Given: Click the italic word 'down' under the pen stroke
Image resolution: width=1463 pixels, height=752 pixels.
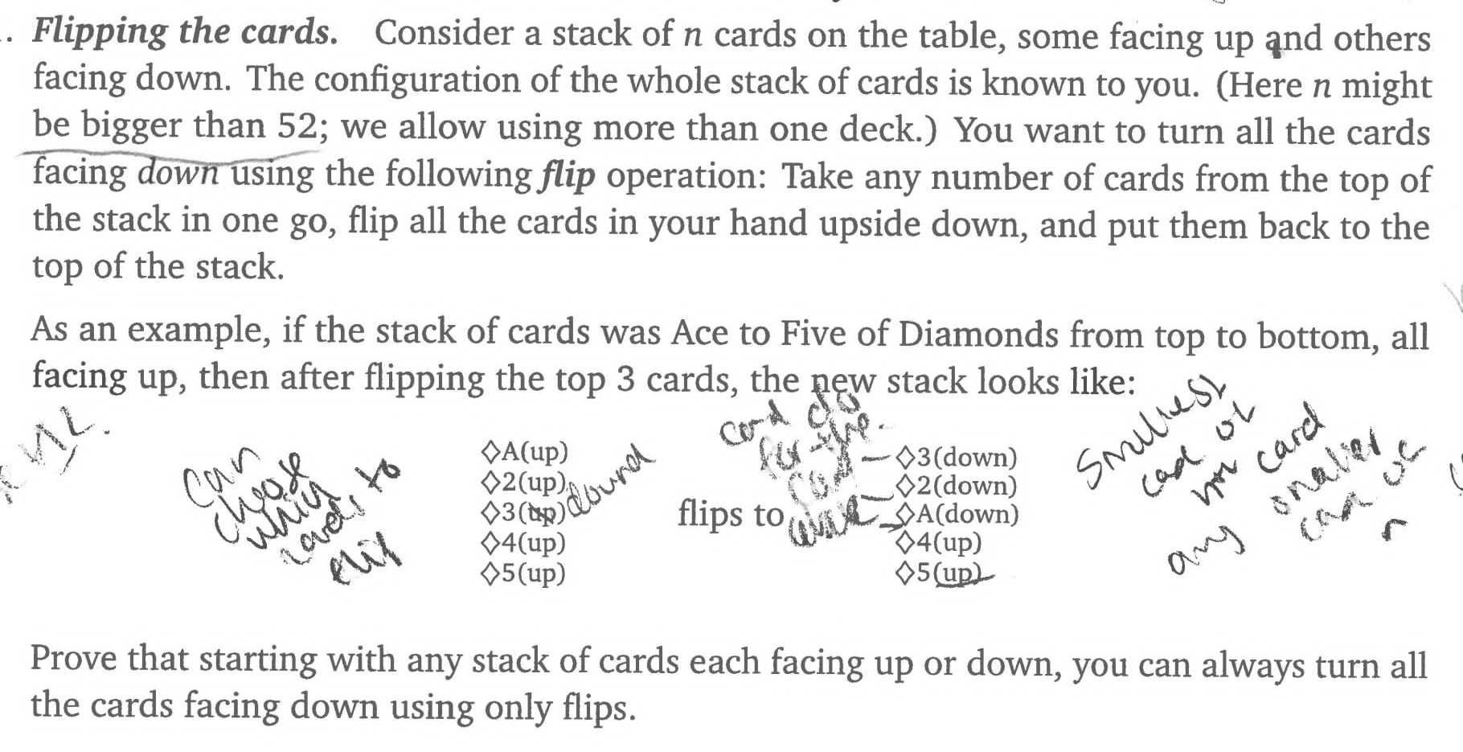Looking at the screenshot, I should tap(178, 173).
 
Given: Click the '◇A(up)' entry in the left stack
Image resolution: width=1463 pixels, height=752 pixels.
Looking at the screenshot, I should tap(524, 451).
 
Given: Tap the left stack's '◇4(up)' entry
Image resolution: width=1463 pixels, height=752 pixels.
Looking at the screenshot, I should tap(523, 543).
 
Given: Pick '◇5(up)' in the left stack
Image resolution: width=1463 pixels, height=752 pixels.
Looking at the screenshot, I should tap(523, 573).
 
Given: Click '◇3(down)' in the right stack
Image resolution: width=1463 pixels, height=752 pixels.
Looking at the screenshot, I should tap(957, 457).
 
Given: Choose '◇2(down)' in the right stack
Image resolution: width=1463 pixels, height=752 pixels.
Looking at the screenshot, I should tap(957, 485).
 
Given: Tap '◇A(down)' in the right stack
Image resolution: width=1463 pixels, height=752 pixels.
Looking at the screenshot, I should tap(957, 514).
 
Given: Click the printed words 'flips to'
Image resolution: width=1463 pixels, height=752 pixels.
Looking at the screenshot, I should tap(730, 513).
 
